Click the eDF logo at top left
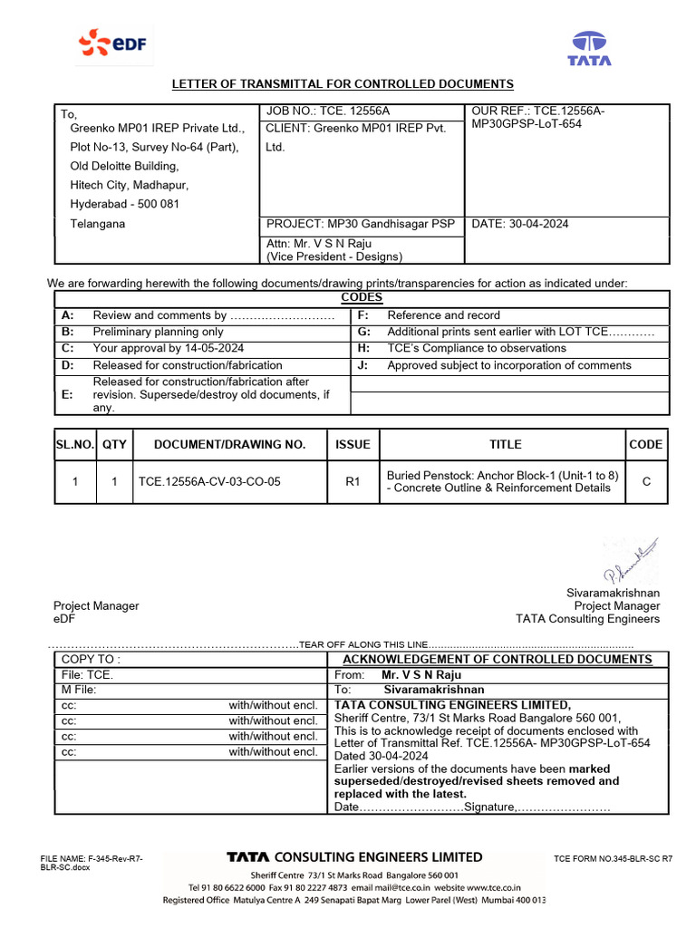coord(114,42)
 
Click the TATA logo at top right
coord(589,48)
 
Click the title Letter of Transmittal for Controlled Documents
coord(343,84)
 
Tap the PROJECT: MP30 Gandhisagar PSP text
coord(361,224)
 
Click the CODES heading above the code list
coord(362,297)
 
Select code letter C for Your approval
coord(66,348)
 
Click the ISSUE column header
coord(353,444)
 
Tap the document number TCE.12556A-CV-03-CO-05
coord(208,482)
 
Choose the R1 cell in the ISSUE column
coord(353,482)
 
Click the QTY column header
coord(114,444)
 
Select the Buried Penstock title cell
coord(503,481)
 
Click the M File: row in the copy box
coord(78,690)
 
